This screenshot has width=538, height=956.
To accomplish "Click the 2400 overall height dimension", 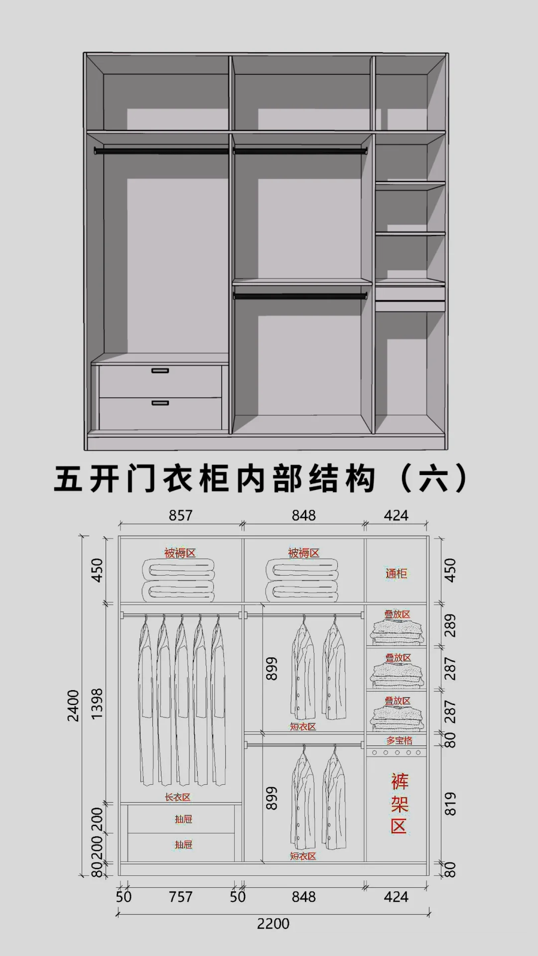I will (73, 705).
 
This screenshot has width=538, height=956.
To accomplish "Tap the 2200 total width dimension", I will (273, 924).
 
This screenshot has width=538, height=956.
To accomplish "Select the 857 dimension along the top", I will (180, 515).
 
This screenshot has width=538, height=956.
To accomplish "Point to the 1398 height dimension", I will (97, 703).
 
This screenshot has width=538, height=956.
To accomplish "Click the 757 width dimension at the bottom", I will (180, 897).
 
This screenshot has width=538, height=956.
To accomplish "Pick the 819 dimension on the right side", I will (450, 804).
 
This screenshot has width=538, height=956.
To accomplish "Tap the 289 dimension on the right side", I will (450, 625).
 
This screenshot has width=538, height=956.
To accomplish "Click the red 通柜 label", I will (396, 574).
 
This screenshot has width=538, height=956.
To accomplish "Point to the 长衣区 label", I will (178, 797).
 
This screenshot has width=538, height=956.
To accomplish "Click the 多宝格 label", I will (400, 740).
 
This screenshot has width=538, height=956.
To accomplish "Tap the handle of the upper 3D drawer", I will (160, 370).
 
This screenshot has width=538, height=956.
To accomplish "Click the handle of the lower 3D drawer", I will (160, 403).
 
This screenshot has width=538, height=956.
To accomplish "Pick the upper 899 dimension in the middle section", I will (271, 668).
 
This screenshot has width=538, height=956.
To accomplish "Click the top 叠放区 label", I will (397, 614).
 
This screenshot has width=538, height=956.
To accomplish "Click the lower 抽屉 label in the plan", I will (183, 844).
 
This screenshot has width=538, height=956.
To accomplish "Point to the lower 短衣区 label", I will (303, 856).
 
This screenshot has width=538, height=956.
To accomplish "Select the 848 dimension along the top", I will (303, 515).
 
